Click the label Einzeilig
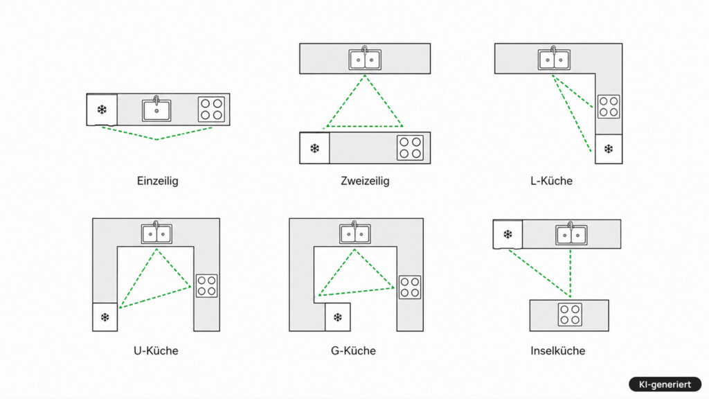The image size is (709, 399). (x=157, y=181)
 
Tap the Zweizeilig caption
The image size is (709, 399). (x=365, y=181)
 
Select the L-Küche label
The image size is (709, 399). (x=551, y=181)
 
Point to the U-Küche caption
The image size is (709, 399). (x=156, y=351)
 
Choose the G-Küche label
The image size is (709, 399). (x=353, y=351)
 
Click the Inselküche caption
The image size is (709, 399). (x=557, y=351)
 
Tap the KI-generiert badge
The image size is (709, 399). (x=665, y=384)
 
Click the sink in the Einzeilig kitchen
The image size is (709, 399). (x=156, y=109)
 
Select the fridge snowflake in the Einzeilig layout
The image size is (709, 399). (x=102, y=109)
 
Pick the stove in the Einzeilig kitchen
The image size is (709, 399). (x=211, y=109)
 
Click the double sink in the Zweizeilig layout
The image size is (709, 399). (x=365, y=58)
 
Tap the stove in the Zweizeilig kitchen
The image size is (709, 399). (x=410, y=148)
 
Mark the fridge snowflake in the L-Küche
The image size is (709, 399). (x=609, y=149)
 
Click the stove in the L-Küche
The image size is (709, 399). (x=609, y=106)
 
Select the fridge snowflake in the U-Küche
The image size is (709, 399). (x=105, y=317)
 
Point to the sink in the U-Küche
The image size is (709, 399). (x=156, y=233)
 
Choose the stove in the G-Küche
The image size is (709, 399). (x=410, y=287)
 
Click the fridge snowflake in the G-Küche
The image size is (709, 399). (x=338, y=317)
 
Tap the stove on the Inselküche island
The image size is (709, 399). (x=570, y=315)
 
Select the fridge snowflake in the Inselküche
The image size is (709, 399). (x=508, y=234)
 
